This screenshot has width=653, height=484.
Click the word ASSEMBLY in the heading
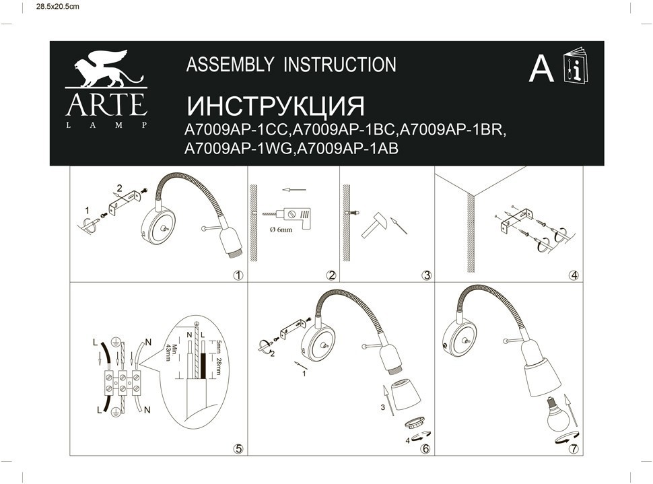click(230, 65)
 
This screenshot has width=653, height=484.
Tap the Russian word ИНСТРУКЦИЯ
click(276, 106)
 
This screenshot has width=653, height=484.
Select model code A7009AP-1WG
click(238, 148)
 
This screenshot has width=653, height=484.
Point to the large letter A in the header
click(541, 69)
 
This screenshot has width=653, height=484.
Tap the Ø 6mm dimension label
click(281, 230)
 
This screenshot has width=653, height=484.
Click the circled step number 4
click(574, 275)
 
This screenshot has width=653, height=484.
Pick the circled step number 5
click(238, 448)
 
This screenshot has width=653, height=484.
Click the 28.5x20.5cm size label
click(57, 7)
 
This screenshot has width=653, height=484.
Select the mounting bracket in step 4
click(516, 220)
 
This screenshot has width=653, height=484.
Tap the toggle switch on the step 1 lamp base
click(164, 228)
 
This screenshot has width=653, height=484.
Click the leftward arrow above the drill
click(294, 190)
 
